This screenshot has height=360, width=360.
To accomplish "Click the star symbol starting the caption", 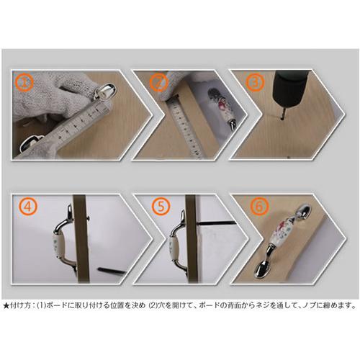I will coord(6,305).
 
